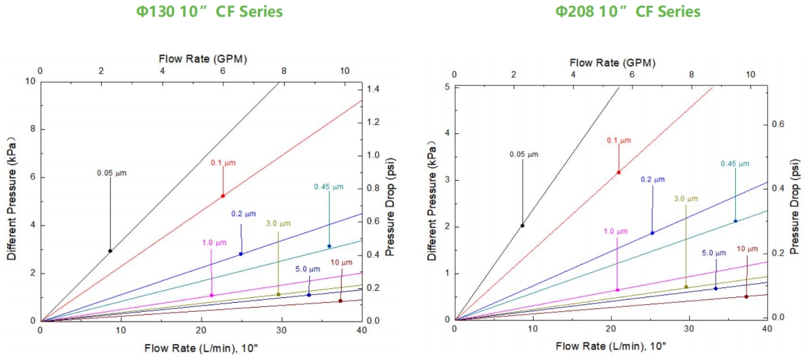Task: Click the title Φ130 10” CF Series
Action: [x=209, y=11]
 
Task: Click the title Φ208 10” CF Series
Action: [x=627, y=11]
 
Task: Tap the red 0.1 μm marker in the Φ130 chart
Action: [x=223, y=195]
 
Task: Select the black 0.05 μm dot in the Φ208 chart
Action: [x=522, y=225]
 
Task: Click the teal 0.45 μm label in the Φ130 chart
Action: [x=329, y=187]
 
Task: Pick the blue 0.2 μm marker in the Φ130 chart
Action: [x=241, y=254]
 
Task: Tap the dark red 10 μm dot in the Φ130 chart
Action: [x=340, y=301]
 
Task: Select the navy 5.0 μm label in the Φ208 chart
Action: [x=714, y=253]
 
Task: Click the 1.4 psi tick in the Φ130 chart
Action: [x=375, y=90]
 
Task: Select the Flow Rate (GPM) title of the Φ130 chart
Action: [x=203, y=58]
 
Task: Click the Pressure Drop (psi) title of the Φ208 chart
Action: [x=794, y=206]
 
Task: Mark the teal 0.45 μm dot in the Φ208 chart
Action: [x=735, y=221]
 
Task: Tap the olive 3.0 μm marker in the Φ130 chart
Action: [x=278, y=294]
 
